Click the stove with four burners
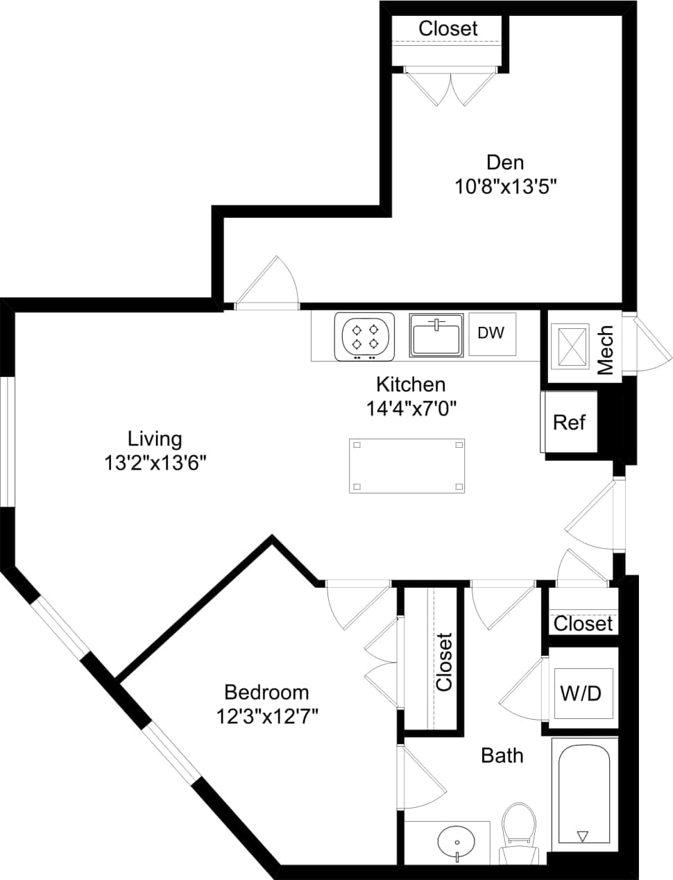point(364,337)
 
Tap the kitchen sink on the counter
point(436,336)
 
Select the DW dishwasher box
point(491,333)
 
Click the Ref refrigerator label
point(569,422)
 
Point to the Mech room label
point(605,350)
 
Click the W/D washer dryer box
point(582,693)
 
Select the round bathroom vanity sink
point(457,842)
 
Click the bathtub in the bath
point(583,794)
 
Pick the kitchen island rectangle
point(407,466)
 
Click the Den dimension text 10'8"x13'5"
point(506,187)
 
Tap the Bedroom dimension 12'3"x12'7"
point(266,716)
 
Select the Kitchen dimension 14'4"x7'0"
point(410,407)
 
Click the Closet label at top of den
point(448,28)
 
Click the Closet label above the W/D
point(583,623)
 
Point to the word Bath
point(502,755)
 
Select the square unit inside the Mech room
point(568,345)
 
